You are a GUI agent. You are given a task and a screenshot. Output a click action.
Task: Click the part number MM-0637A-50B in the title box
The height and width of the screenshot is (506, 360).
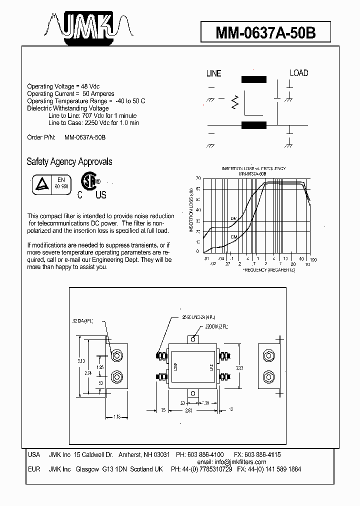(265, 33)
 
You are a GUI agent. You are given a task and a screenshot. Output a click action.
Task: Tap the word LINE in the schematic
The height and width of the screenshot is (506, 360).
(213, 73)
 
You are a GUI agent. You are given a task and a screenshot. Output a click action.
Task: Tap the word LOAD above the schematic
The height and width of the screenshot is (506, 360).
(299, 73)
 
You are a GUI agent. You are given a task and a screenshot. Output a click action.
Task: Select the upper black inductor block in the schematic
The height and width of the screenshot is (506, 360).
(254, 79)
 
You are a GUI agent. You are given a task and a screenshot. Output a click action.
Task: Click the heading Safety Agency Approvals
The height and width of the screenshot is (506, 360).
(69, 161)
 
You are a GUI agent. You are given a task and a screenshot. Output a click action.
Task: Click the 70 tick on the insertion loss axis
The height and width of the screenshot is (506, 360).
(198, 178)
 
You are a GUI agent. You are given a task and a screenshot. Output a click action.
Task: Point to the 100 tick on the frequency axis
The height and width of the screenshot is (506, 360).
(313, 260)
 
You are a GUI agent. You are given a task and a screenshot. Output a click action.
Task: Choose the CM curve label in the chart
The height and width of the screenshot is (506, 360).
(233, 236)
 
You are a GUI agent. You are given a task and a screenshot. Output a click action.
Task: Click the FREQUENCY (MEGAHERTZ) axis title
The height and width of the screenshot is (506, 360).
(269, 270)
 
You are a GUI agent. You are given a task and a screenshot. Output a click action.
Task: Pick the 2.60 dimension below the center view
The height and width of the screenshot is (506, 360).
(188, 410)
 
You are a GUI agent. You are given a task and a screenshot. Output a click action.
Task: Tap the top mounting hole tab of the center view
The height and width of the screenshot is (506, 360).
(193, 339)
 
